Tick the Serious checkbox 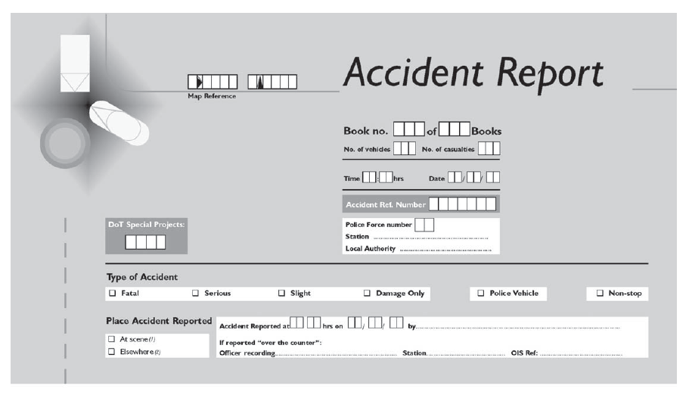point(195,294)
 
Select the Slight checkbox point(281,294)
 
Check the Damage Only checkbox point(368,294)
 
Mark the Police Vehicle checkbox point(480,294)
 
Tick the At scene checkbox point(112,339)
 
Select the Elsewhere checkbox point(112,352)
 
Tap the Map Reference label point(212,95)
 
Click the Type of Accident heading point(142,278)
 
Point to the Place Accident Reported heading point(159,322)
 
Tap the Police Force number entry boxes point(424,225)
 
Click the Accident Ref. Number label point(386,205)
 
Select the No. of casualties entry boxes point(489,149)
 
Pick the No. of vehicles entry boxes point(405,149)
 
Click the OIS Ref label point(523,353)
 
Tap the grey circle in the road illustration point(65,142)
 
